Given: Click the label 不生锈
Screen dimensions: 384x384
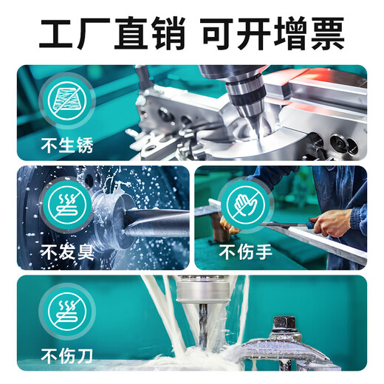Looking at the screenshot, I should point(67,145).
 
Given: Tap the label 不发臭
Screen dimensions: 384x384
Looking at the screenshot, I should point(67,253).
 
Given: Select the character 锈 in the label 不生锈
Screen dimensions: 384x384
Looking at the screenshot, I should point(85,145).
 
